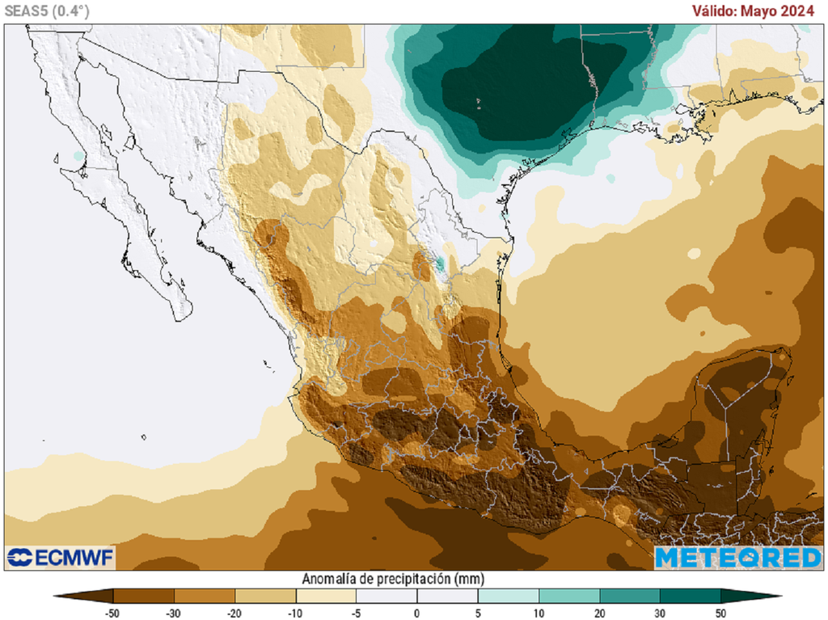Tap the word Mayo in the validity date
767,10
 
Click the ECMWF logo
61,557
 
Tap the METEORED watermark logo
738,557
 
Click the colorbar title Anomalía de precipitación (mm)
392,579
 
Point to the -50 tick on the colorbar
113,613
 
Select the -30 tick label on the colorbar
174,613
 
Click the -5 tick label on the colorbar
356,613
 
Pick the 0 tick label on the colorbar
417,613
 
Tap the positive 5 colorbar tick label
478,613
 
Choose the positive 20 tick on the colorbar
599,613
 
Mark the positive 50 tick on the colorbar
720,613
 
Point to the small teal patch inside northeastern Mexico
440,263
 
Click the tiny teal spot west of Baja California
78,154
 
